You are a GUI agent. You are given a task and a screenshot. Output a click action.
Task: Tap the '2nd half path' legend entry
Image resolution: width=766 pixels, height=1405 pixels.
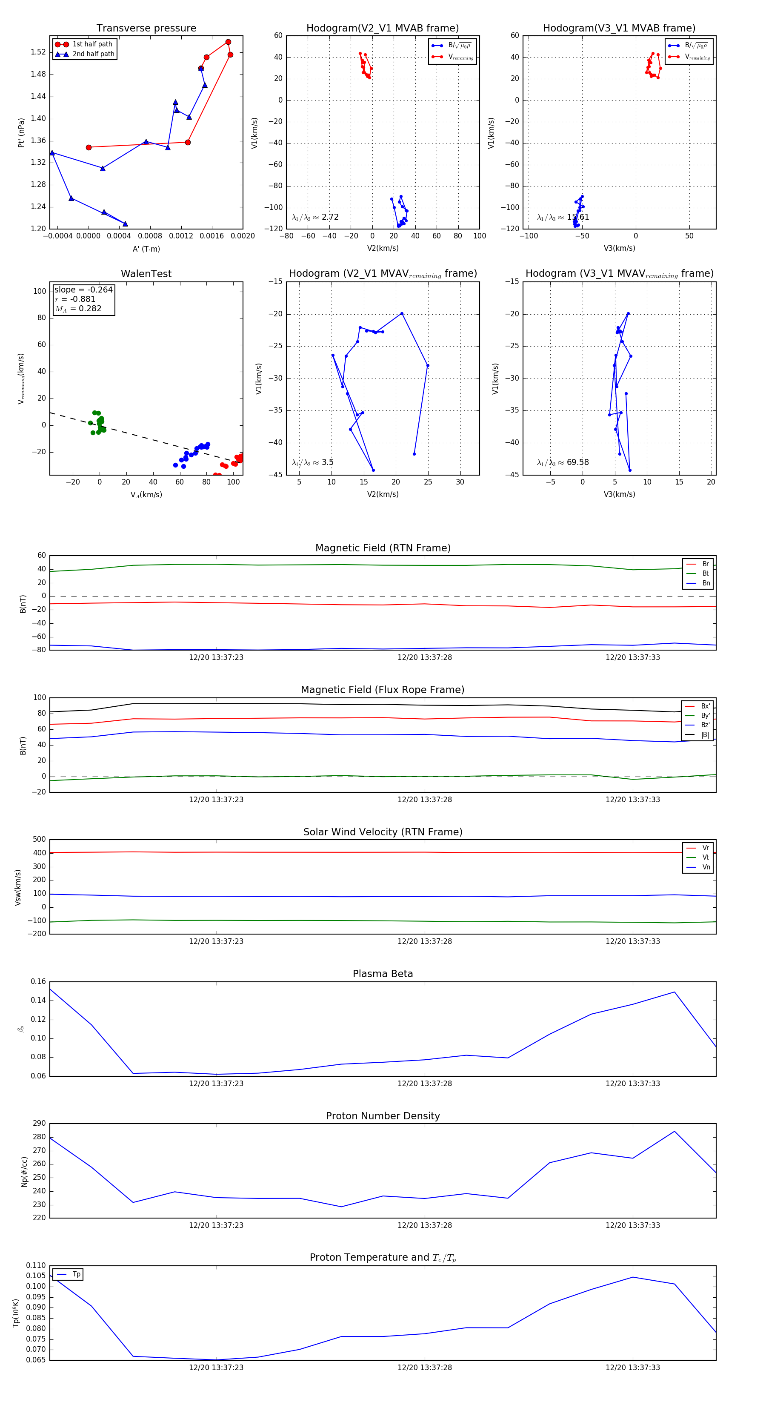pyautogui.click(x=93, y=54)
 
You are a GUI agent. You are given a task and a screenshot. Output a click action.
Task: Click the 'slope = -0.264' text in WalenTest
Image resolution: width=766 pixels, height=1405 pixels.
pyautogui.click(x=83, y=290)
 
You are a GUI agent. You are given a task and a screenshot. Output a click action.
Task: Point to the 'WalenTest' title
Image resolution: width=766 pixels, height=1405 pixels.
pyautogui.click(x=146, y=274)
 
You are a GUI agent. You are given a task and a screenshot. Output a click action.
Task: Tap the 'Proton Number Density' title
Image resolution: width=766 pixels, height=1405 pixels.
pyautogui.click(x=383, y=1116)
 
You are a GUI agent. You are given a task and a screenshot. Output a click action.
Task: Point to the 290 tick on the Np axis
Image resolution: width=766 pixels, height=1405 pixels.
pyautogui.click(x=39, y=1124)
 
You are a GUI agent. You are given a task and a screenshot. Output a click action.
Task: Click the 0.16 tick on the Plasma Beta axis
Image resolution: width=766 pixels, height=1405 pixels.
pyautogui.click(x=38, y=981)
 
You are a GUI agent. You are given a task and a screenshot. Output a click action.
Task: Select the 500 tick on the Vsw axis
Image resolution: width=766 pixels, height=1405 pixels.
pyautogui.click(x=39, y=840)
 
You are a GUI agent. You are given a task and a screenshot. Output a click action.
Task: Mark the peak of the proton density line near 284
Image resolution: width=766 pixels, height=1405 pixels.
pyautogui.click(x=675, y=1131)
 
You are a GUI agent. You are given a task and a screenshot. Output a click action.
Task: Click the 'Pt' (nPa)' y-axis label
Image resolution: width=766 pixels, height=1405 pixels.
pyautogui.click(x=21, y=132)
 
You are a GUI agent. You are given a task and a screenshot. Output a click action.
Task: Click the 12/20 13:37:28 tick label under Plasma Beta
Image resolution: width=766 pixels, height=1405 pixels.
pyautogui.click(x=424, y=1083)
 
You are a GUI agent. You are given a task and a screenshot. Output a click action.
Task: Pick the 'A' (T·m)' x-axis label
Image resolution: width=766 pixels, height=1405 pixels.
pyautogui.click(x=146, y=249)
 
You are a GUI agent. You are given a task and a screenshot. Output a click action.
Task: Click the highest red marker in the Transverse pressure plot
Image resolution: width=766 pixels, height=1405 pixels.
pyautogui.click(x=228, y=42)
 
